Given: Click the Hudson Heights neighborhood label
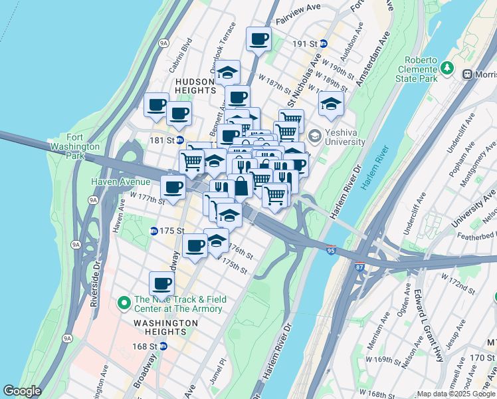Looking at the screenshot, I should [195, 85].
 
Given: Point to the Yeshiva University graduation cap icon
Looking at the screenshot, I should [315, 136].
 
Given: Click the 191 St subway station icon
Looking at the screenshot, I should [324, 44].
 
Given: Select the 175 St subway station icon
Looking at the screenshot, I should [154, 231].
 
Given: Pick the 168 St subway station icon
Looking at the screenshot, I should [163, 346].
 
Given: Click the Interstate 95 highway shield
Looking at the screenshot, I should [331, 251].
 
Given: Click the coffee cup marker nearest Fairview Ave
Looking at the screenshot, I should [258, 38].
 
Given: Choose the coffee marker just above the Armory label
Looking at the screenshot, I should [161, 283].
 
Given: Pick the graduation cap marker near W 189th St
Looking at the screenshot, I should [331, 102].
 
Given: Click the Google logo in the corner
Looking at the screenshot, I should [22, 391].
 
